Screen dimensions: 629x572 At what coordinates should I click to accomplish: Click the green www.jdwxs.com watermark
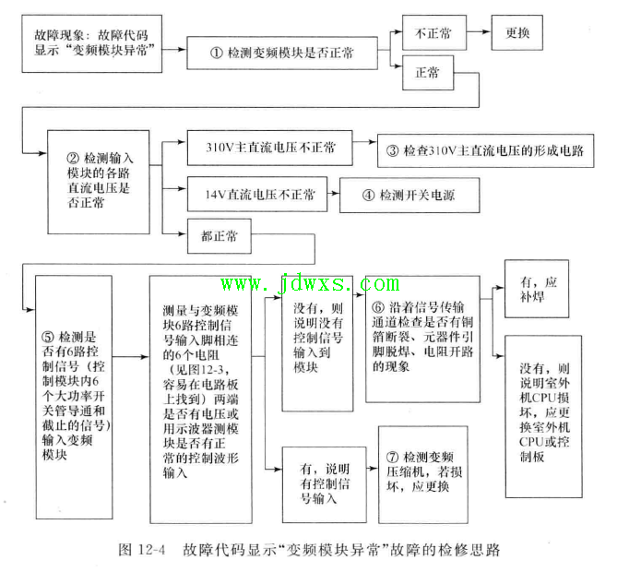click(x=310, y=283)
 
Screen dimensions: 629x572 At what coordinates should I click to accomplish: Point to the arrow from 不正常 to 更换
click(x=479, y=31)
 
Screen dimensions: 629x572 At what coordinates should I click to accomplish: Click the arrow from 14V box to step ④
click(x=333, y=194)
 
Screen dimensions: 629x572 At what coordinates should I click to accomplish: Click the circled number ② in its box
click(x=73, y=158)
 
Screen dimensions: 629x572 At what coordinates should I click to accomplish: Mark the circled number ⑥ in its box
click(x=378, y=307)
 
